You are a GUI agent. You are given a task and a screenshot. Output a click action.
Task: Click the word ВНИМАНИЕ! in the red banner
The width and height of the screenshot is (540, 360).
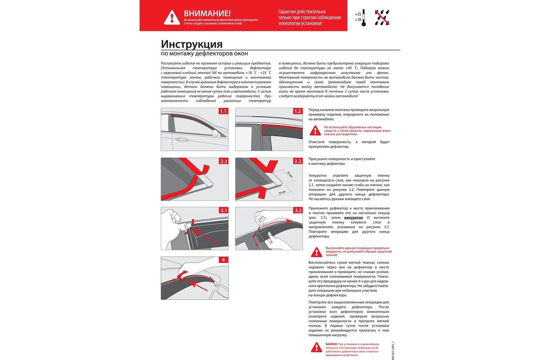point(207,13)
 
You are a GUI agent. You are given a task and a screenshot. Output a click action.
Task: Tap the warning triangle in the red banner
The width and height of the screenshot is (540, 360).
point(172,17)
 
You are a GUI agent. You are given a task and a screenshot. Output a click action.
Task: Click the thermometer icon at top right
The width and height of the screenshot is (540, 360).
point(364,16)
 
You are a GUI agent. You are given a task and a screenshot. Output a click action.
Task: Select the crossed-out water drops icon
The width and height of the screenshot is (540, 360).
point(382,17)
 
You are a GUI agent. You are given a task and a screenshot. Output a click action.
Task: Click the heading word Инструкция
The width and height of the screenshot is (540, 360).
point(192,44)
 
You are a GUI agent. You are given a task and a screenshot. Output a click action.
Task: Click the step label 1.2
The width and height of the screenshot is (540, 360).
point(297,111)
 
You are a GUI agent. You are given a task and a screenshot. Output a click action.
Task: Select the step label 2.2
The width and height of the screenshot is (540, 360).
point(297,161)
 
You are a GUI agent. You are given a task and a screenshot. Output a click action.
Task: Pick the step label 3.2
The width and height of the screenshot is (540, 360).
point(297,210)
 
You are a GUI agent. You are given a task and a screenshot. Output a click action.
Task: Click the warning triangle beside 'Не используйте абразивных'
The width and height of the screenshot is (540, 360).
point(316,130)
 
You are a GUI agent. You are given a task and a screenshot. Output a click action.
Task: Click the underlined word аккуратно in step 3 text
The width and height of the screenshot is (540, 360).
point(353,217)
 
